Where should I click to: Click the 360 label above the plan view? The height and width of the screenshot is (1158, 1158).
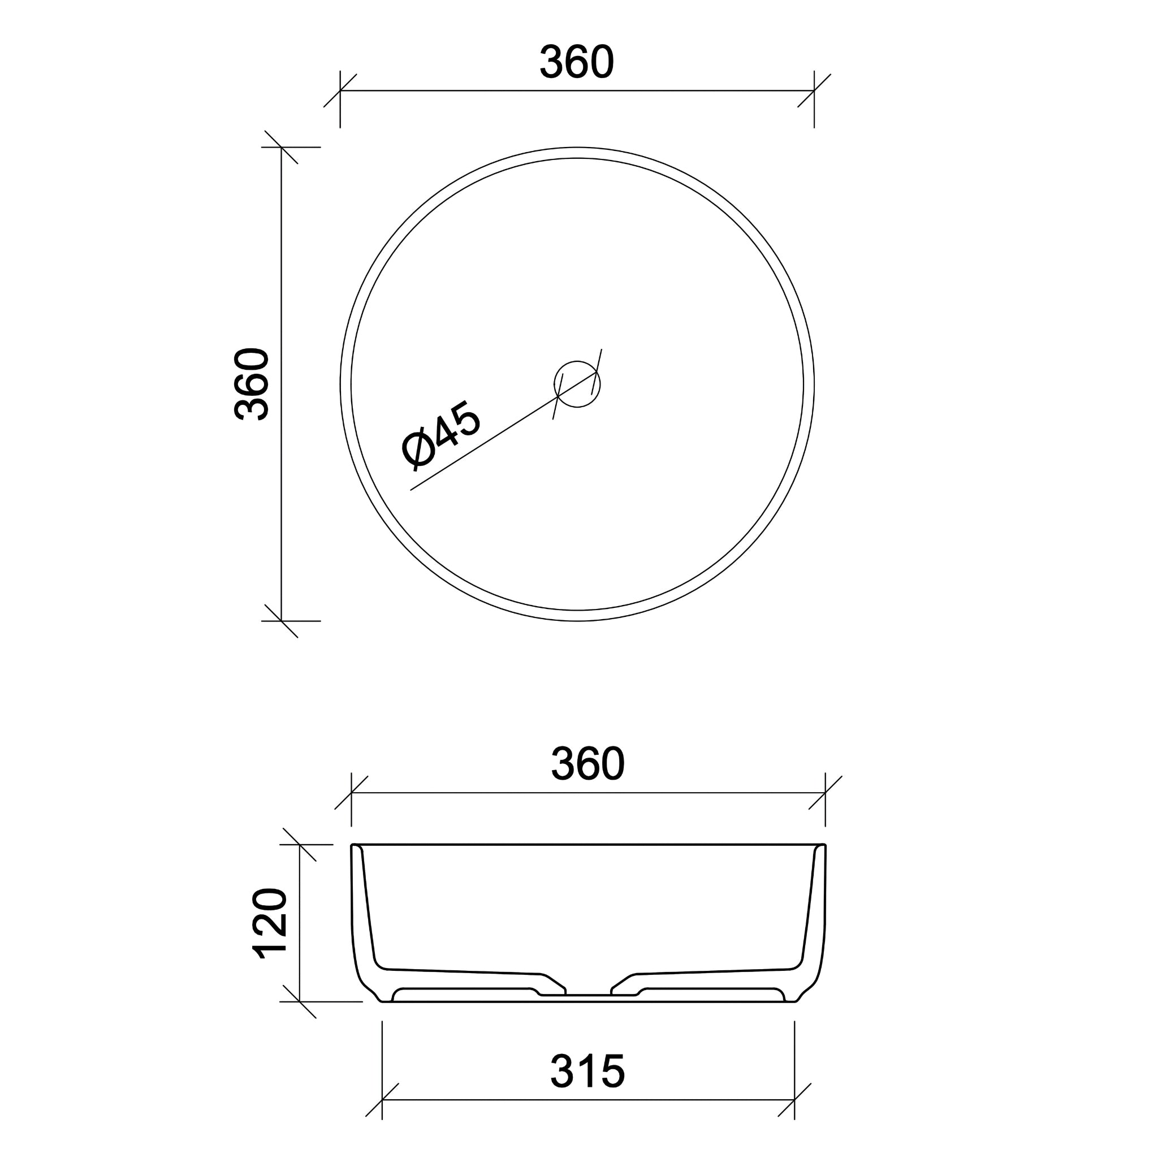577,62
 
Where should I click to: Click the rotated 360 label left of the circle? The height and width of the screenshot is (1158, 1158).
252,383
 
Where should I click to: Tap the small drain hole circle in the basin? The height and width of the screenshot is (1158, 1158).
577,384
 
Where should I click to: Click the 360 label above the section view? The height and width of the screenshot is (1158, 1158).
587,764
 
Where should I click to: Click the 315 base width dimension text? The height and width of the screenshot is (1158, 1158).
587,1071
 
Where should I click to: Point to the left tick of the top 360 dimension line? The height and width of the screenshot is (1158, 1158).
340,91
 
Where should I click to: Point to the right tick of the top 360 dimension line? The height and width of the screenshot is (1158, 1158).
814,91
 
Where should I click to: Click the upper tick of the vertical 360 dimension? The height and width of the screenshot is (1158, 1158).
282,147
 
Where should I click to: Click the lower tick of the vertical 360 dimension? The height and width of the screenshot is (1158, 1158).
282,621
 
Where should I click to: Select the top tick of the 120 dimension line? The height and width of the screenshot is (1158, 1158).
299,845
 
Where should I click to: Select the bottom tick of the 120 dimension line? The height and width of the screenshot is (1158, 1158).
299,1001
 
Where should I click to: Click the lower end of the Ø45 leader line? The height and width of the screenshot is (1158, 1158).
411,490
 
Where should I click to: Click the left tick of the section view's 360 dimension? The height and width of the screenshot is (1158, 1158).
351,792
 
